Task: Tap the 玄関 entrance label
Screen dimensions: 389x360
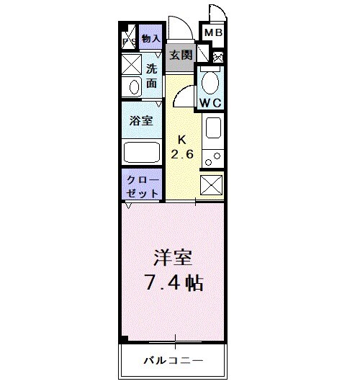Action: click(x=179, y=55)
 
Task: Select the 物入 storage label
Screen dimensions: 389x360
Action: click(x=150, y=38)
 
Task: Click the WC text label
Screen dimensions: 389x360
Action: click(x=210, y=102)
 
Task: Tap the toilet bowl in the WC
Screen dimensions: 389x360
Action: click(x=210, y=80)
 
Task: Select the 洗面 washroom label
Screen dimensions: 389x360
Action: click(x=152, y=76)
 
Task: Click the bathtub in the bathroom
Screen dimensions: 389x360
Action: click(x=143, y=152)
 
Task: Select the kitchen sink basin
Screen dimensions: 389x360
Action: click(x=213, y=129)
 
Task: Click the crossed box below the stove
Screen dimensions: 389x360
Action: click(x=212, y=185)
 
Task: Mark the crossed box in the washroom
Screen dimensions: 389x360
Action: click(x=132, y=66)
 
